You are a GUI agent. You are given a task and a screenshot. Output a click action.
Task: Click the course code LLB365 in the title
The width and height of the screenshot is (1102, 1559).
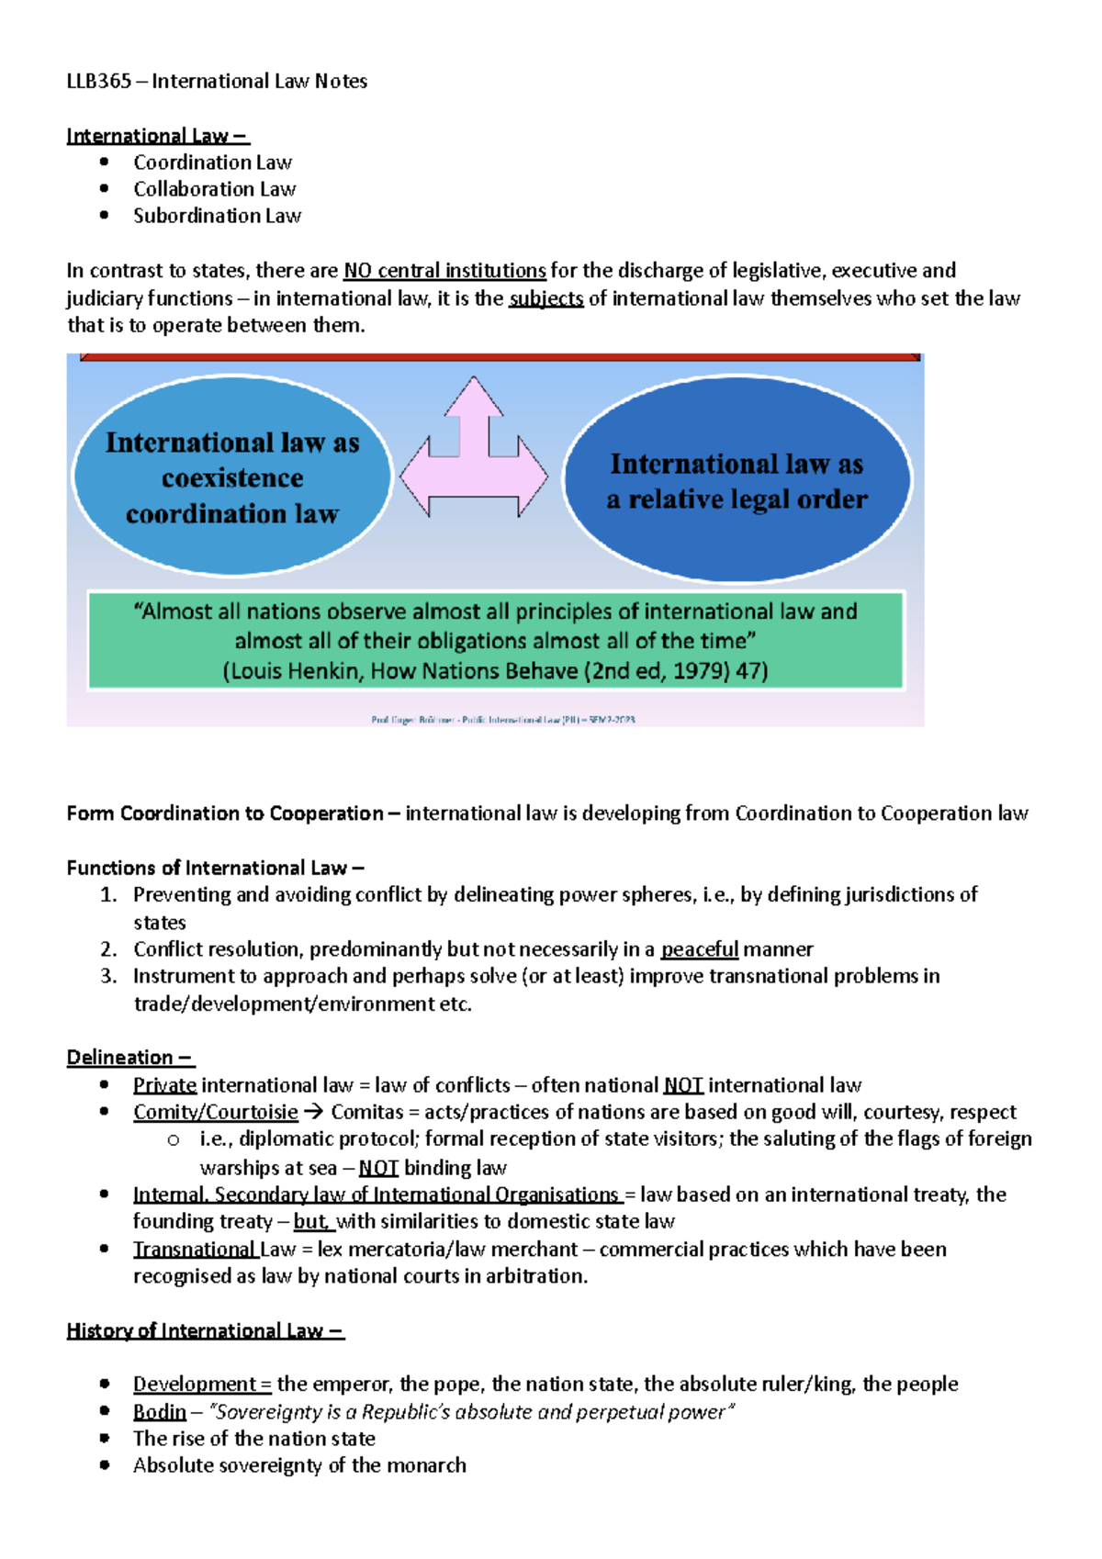click(x=98, y=81)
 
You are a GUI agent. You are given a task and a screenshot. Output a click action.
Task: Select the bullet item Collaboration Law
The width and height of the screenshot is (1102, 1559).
click(x=214, y=189)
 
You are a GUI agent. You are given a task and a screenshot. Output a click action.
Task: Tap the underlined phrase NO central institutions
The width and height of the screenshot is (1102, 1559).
click(x=444, y=271)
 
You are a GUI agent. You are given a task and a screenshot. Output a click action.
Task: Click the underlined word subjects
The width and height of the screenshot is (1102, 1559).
click(x=545, y=298)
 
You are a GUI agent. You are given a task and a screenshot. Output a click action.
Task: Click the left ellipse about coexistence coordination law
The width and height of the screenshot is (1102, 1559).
click(x=232, y=477)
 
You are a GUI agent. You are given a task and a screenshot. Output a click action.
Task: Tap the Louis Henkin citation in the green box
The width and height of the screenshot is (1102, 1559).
click(x=495, y=671)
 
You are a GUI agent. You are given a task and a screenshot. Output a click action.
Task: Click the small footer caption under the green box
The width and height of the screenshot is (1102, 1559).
click(x=502, y=720)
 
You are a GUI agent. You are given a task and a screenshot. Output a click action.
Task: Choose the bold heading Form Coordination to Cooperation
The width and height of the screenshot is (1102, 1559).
click(x=224, y=813)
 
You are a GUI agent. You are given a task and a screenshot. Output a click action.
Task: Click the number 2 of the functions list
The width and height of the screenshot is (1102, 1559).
click(x=108, y=949)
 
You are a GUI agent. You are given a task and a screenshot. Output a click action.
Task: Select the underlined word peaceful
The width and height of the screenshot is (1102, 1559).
click(x=699, y=949)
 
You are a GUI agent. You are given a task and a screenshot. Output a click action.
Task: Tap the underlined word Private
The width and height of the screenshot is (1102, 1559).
click(x=164, y=1085)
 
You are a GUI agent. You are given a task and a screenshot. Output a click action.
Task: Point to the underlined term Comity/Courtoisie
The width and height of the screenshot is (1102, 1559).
click(x=215, y=1112)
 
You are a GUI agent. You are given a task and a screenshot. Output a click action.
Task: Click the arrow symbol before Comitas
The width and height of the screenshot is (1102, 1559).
click(x=314, y=1112)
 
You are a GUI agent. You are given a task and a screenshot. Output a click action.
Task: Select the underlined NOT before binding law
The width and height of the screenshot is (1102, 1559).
click(x=377, y=1168)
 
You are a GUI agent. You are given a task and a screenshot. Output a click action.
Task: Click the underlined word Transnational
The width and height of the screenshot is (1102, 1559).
click(x=195, y=1250)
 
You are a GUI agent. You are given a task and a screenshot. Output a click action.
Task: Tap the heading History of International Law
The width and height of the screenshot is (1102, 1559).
click(x=204, y=1330)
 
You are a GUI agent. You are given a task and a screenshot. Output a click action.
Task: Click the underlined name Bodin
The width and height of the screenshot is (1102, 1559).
click(x=159, y=1412)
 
